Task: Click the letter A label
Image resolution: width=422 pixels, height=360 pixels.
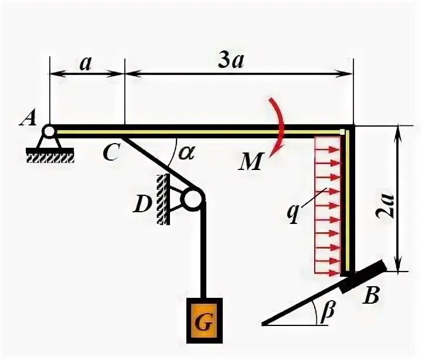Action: pyautogui.click(x=28, y=118)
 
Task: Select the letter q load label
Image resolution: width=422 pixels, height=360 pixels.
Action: pyautogui.click(x=293, y=214)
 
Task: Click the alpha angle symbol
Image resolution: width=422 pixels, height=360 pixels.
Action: pyautogui.click(x=186, y=153)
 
